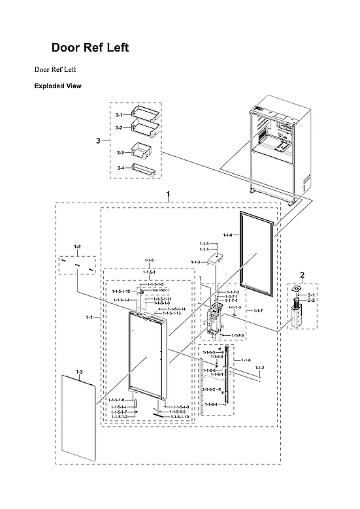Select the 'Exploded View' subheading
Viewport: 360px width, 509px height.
[57, 86]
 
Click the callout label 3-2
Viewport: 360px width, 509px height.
[119, 128]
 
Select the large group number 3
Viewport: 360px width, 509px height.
[98, 140]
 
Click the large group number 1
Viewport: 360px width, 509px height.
[169, 194]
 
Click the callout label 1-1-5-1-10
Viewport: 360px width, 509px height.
[178, 417]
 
